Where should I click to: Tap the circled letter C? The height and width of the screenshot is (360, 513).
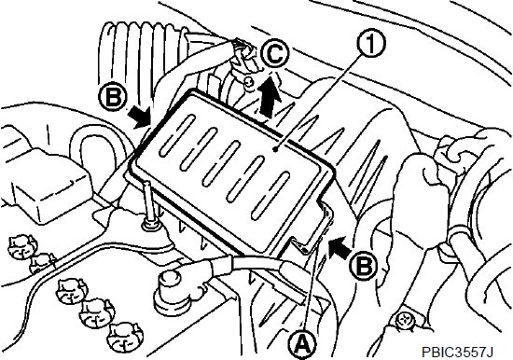tap(275, 54)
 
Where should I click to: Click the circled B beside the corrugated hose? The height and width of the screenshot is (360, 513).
tap(113, 97)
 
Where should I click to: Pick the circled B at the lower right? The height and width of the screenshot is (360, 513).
tap(363, 266)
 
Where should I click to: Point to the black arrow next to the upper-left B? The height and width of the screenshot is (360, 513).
tap(139, 117)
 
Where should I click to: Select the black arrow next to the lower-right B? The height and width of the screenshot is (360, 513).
tap(340, 247)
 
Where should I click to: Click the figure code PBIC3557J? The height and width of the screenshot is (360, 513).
tap(458, 353)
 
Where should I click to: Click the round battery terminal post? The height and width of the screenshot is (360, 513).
tap(170, 290)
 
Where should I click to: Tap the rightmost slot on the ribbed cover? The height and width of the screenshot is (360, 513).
tap(270, 195)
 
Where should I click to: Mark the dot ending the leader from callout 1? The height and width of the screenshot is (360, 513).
tap(276, 149)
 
